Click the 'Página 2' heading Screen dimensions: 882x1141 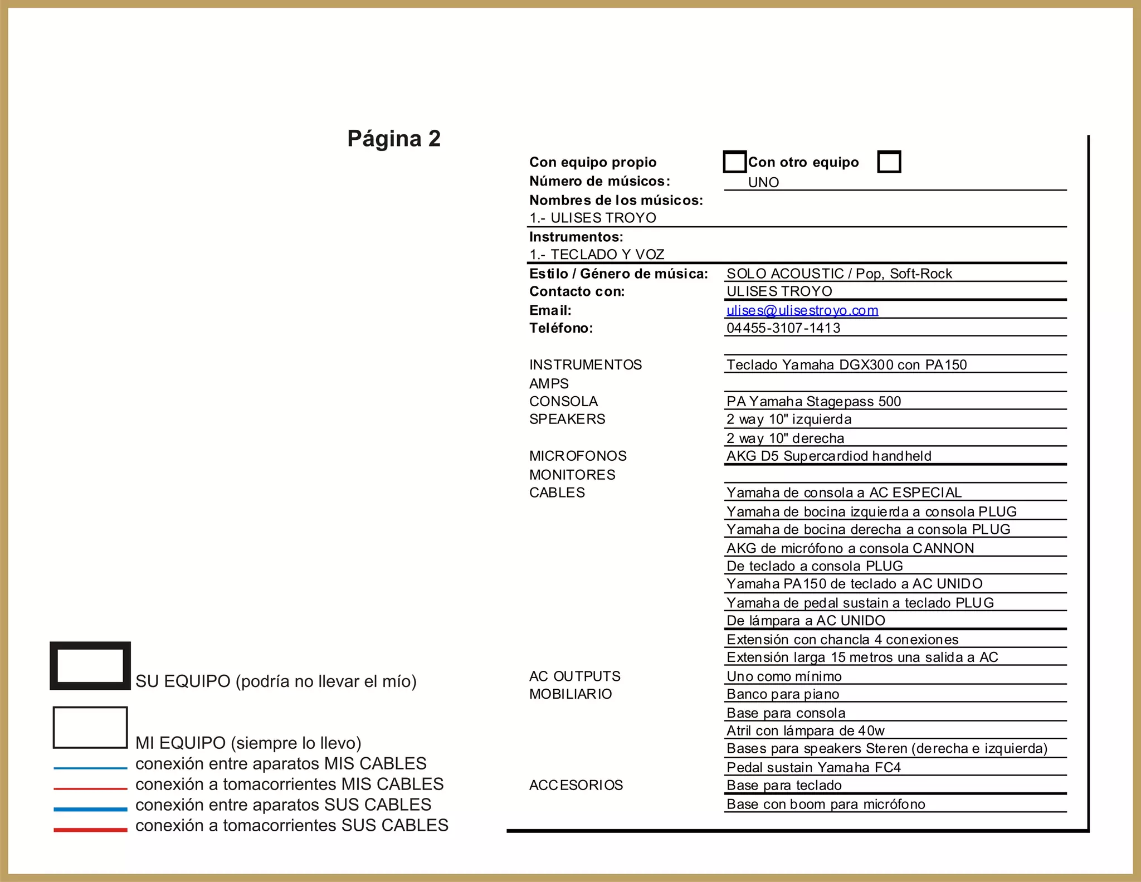[x=394, y=139]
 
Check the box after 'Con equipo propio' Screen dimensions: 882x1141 [x=734, y=162]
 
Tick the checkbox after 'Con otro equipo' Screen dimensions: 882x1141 [x=889, y=162]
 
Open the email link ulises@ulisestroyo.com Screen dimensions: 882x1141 [x=802, y=310]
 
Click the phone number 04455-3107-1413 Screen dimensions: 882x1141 [x=783, y=328]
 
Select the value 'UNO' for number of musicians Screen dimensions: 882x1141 [x=763, y=182]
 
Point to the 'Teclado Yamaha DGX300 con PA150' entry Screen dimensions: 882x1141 [x=846, y=365]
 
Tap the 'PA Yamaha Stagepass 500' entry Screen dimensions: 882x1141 [x=813, y=402]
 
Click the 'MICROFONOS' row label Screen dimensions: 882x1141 [x=578, y=456]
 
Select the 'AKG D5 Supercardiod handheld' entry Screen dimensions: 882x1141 [x=828, y=456]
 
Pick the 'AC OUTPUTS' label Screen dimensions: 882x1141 [x=574, y=676]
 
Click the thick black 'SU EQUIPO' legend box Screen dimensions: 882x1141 [x=90, y=666]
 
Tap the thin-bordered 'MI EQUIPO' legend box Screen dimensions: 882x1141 [x=90, y=728]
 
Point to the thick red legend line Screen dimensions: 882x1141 [x=90, y=830]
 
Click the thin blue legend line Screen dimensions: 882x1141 [x=90, y=768]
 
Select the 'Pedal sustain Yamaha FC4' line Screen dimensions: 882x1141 [x=813, y=768]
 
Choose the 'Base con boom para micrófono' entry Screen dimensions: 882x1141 [x=826, y=805]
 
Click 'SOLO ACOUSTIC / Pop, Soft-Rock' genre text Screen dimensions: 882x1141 [x=839, y=274]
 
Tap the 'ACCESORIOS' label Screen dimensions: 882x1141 [x=576, y=785]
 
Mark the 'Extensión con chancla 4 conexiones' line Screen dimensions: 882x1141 [x=842, y=640]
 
